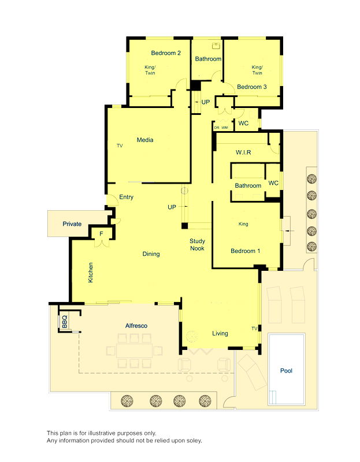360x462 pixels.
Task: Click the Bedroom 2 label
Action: tap(166, 53)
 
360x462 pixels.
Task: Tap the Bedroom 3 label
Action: tap(252, 87)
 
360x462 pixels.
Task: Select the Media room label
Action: tap(144, 140)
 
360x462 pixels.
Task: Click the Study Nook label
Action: tap(198, 245)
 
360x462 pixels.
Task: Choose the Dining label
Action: tap(151, 254)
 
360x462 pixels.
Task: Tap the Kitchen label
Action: tap(91, 273)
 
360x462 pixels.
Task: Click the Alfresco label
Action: tap(136, 326)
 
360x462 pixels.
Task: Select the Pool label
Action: tap(286, 371)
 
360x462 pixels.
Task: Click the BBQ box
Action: tap(64, 321)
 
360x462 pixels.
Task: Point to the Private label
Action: tap(72, 224)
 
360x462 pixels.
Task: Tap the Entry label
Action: tap(126, 198)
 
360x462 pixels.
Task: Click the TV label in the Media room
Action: tap(120, 146)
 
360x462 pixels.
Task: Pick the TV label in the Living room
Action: tap(254, 329)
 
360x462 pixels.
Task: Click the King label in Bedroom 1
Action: tap(243, 224)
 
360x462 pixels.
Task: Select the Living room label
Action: tap(220, 333)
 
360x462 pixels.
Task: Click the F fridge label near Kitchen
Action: tap(101, 234)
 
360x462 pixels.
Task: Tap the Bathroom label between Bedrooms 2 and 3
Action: tap(208, 59)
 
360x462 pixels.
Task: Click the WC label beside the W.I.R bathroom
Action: tap(273, 183)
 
